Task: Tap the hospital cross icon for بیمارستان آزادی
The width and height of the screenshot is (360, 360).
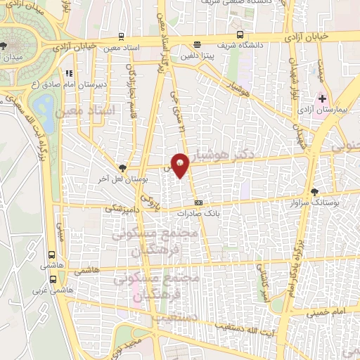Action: pyautogui.click(x=322, y=100)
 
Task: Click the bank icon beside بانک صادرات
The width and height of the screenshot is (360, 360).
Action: pyautogui.click(x=198, y=201)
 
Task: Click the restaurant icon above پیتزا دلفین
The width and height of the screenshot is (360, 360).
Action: pyautogui.click(x=196, y=44)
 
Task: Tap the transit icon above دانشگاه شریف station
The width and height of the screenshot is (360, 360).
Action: pyautogui.click(x=240, y=34)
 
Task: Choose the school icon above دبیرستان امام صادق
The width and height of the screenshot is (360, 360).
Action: pyautogui.click(x=69, y=73)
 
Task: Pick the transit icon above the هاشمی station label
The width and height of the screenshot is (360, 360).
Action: pyautogui.click(x=51, y=256)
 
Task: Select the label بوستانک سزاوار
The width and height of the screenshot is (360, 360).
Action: pyautogui.click(x=334, y=202)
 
